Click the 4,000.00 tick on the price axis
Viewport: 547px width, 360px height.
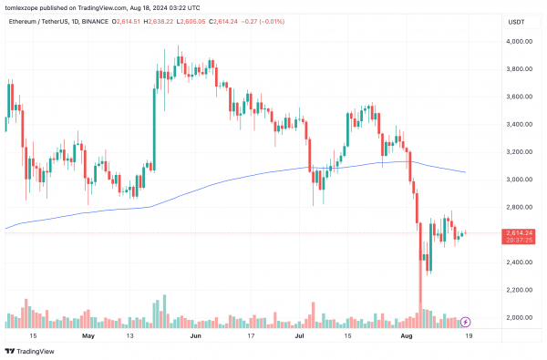pyautogui.click(x=520, y=42)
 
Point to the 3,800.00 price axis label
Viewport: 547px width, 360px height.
pyautogui.click(x=520, y=69)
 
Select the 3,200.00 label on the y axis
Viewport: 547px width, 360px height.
pyautogui.click(x=520, y=152)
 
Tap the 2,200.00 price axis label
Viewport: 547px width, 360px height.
pyautogui.click(x=520, y=290)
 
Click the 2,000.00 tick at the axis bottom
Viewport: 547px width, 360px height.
pyautogui.click(x=520, y=317)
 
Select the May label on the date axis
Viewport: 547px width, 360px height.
pyautogui.click(x=88, y=334)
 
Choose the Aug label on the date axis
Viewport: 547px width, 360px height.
pyautogui.click(x=408, y=334)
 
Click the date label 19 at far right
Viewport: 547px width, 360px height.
pyautogui.click(x=468, y=334)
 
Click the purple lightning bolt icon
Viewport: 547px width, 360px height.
pyautogui.click(x=467, y=321)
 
